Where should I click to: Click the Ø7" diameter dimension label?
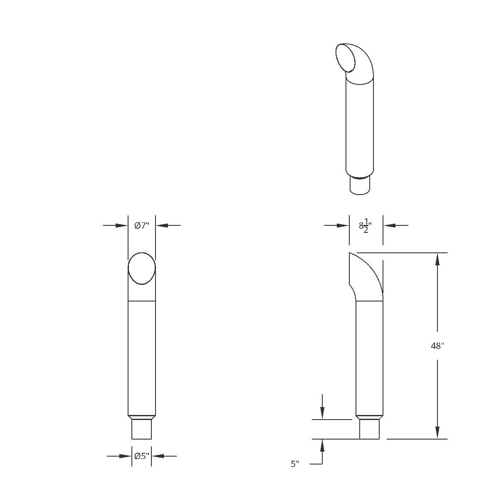point(141,225)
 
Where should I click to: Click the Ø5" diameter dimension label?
point(141,456)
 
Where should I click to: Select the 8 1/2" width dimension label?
point(365,226)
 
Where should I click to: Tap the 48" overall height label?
point(437,346)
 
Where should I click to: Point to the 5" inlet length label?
point(295,464)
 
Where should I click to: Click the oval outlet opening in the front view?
point(141,269)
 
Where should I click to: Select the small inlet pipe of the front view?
point(141,429)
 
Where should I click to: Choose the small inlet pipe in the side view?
point(369,429)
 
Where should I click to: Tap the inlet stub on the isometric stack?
point(360,186)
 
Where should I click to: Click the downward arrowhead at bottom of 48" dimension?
point(437,432)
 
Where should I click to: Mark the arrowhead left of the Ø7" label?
point(122,225)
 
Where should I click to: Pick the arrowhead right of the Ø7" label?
point(161,225)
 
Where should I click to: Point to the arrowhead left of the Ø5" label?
point(126,456)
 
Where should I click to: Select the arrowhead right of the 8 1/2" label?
point(389,225)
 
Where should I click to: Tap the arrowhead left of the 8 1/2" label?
point(343,225)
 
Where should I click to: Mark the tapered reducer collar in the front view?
point(141,417)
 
